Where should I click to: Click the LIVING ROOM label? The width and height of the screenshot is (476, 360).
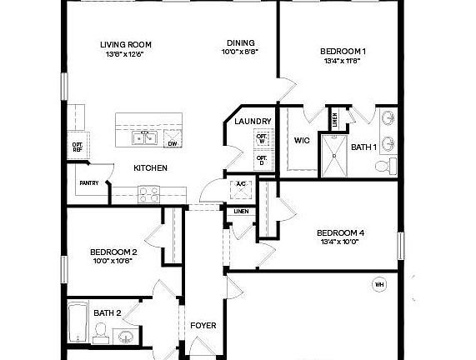click(126, 45)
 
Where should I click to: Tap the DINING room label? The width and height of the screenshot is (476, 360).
click(240, 43)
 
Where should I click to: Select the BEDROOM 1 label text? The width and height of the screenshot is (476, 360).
click(343, 52)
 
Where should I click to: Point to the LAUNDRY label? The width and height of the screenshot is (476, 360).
click(253, 122)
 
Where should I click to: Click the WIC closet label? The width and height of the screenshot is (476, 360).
click(302, 140)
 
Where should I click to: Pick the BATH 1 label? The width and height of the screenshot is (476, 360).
click(363, 147)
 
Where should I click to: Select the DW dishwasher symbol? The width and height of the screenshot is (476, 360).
click(173, 138)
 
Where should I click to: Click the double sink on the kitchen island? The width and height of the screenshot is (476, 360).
click(144, 137)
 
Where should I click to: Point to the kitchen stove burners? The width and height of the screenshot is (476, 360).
click(148, 194)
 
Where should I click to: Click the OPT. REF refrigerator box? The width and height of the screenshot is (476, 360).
click(77, 147)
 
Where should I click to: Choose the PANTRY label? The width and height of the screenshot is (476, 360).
click(89, 182)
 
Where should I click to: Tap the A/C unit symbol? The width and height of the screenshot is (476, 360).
click(241, 188)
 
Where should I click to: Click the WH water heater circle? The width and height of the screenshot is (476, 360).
click(379, 285)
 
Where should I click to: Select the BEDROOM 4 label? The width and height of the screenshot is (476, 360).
click(340, 233)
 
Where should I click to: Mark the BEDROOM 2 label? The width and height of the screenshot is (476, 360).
click(113, 252)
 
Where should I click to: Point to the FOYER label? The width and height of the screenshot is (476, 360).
click(203, 325)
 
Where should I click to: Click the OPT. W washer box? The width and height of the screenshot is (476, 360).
click(262, 138)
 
